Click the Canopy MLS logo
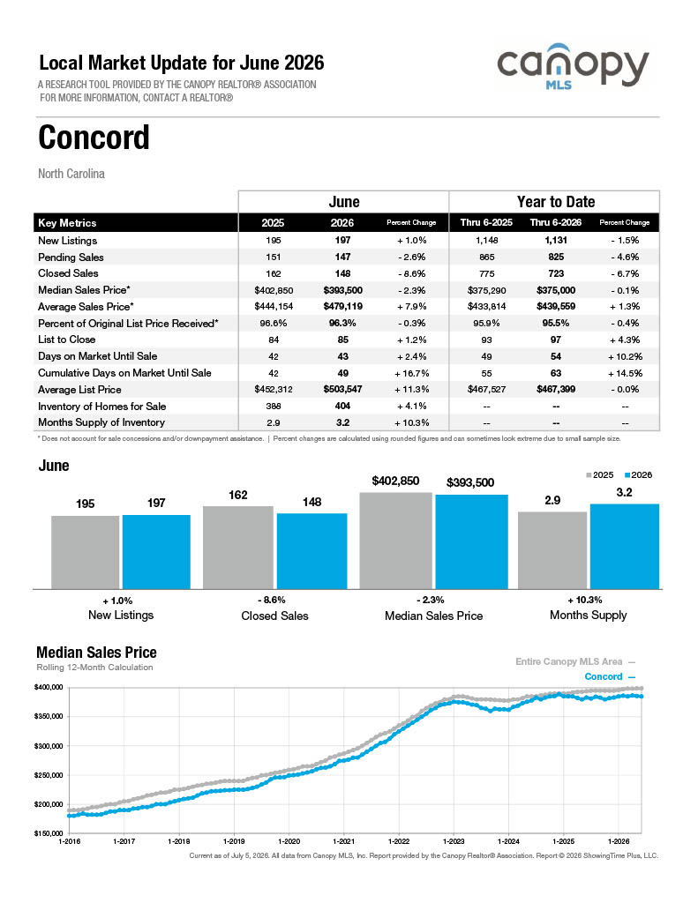(573, 67)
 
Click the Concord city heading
(94, 137)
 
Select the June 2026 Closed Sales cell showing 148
(342, 273)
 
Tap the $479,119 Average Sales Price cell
(342, 306)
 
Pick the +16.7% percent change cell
(411, 373)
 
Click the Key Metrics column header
(67, 223)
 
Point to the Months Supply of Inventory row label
(101, 422)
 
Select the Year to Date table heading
(556, 202)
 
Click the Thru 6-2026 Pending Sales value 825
(556, 257)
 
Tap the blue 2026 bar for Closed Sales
(311, 551)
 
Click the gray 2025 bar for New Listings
(86, 552)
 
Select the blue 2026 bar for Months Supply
(624, 547)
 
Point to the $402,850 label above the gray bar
(395, 481)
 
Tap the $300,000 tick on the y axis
(49, 746)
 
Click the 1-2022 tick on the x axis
(398, 841)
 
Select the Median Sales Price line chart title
(96, 653)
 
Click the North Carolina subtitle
(71, 174)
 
